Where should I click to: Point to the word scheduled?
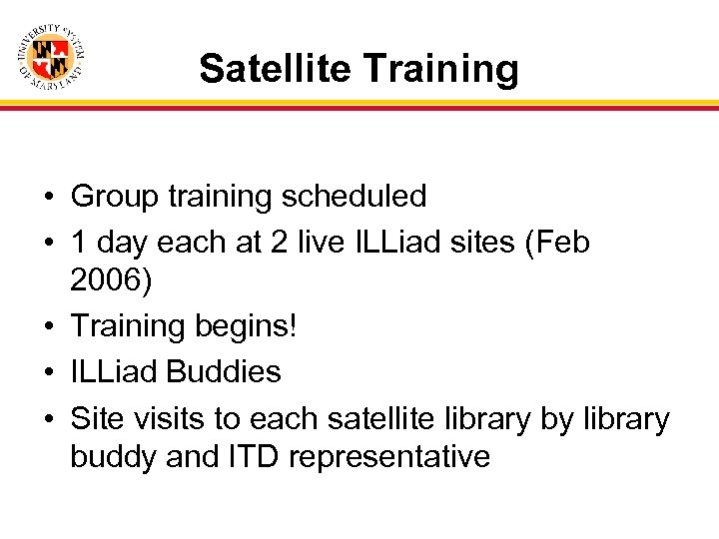[x=354, y=197]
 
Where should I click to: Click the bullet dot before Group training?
[x=48, y=198]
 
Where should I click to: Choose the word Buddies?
[x=224, y=371]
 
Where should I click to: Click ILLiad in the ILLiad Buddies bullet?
[x=114, y=371]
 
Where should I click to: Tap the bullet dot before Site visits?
[x=48, y=416]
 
